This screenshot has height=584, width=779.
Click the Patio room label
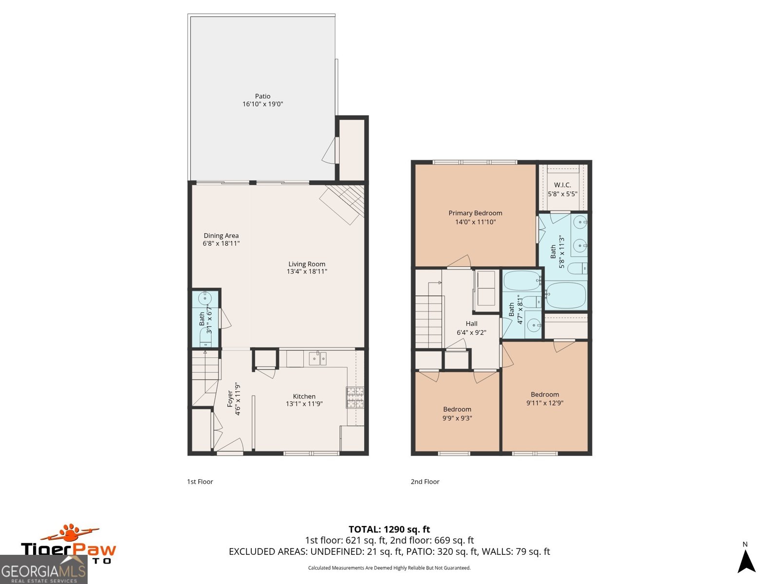point(262,96)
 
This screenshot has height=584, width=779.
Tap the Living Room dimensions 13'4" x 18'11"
point(307,272)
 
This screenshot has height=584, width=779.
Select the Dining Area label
point(221,236)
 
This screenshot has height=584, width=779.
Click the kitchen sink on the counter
point(317,359)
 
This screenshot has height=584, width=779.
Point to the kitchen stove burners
point(355,397)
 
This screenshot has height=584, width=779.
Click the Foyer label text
point(230,399)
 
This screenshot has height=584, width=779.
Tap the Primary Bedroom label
point(475,213)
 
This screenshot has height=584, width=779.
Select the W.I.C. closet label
point(562,185)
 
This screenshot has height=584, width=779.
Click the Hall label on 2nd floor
point(471,324)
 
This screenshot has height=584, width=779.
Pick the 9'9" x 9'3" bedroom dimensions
point(457,418)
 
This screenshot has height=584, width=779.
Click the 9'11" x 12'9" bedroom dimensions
point(545,403)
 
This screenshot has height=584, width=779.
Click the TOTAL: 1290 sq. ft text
point(389,529)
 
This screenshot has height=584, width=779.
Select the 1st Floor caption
point(200,482)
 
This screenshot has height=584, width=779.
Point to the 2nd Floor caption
point(425,482)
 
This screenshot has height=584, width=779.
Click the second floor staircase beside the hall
point(428,321)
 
